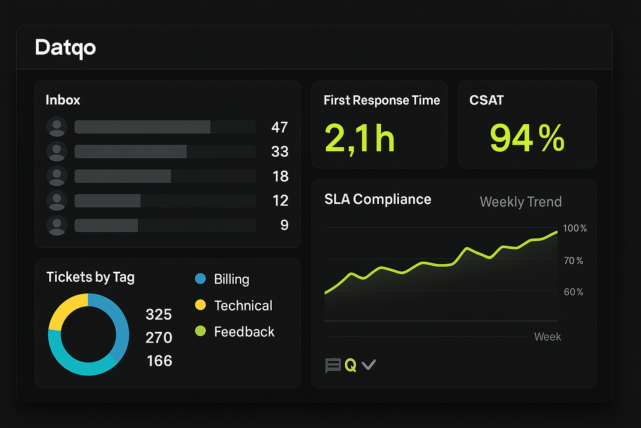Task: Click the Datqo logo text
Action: [66, 48]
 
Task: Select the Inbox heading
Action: [63, 100]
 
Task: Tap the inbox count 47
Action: [280, 127]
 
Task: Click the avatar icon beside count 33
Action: [57, 151]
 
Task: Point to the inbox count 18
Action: [280, 176]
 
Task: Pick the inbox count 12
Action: [280, 201]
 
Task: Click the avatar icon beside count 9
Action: [57, 225]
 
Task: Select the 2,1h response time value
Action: [359, 138]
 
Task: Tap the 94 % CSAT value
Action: [527, 138]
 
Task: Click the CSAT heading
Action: [487, 100]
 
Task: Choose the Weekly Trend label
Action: [520, 202]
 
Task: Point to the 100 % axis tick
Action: [575, 228]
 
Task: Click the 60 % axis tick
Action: [573, 292]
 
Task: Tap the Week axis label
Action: [548, 337]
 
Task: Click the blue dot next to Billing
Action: [200, 279]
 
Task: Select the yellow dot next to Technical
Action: [200, 305]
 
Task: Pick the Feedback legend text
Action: [244, 332]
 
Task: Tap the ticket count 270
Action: [159, 338]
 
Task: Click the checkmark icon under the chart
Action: [368, 365]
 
